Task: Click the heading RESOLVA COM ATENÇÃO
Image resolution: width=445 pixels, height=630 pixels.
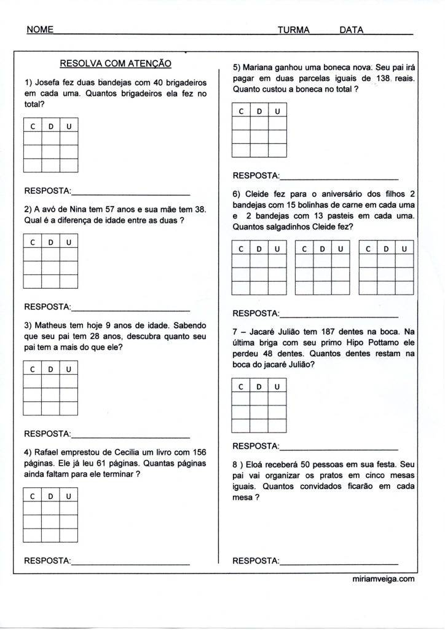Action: (115, 63)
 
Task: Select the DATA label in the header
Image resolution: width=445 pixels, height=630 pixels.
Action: (352, 30)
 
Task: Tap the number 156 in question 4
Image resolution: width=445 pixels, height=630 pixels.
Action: (197, 452)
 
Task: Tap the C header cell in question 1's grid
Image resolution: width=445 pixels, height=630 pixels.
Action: (32, 127)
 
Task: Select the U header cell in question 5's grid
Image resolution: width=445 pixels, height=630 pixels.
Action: (277, 111)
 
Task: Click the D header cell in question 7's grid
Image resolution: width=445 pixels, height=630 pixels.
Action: (259, 386)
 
